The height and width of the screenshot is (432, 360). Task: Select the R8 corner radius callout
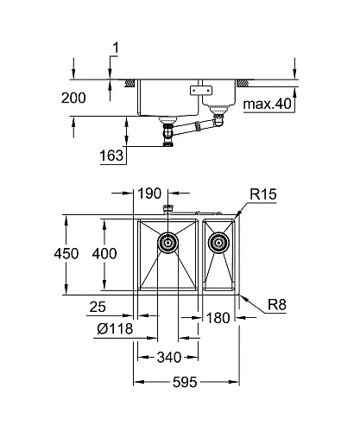tap(276, 304)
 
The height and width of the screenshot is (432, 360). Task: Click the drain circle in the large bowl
tap(168, 243)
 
